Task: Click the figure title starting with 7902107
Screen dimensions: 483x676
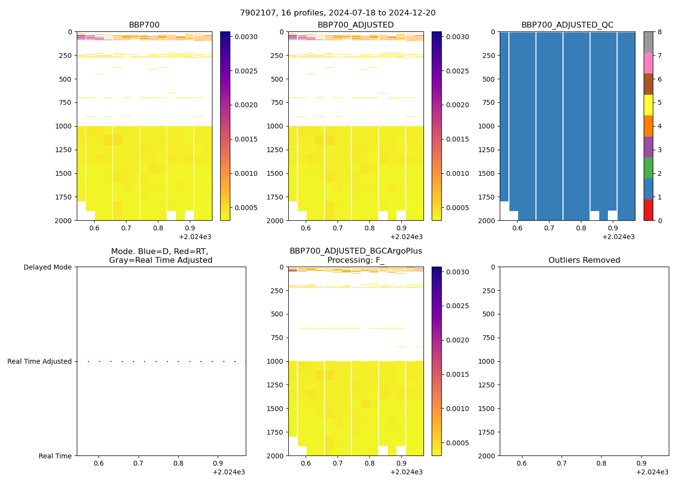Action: [338, 13]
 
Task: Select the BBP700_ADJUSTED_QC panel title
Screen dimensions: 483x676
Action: [567, 25]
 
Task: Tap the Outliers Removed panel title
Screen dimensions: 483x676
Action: [584, 260]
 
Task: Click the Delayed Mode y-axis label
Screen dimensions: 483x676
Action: [47, 267]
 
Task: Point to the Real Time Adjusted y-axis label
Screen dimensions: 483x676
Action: [39, 361]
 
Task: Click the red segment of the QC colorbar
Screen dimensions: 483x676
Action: [648, 210]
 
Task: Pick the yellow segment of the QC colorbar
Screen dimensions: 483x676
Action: [648, 105]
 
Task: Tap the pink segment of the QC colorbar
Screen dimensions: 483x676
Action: [648, 63]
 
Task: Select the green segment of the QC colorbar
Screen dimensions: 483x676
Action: [648, 168]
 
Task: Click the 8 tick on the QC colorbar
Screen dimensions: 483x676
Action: [660, 32]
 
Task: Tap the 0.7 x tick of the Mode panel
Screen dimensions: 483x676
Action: [138, 464]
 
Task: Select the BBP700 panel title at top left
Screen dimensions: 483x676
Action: [144, 25]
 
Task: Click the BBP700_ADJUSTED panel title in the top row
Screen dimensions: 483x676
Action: [355, 25]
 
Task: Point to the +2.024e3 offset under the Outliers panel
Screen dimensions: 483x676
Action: [652, 472]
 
